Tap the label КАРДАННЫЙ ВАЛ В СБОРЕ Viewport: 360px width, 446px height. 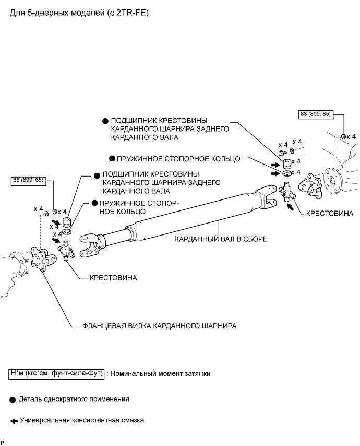click(221, 239)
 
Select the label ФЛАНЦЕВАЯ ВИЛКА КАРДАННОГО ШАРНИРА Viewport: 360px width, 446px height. click(160, 326)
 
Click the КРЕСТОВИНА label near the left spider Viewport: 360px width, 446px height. click(113, 278)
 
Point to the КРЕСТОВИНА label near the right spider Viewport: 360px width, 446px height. click(330, 213)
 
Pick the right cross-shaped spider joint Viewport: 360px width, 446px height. click(287, 193)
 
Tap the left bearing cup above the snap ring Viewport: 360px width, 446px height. click(66, 222)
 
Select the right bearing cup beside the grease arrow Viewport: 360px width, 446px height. click(287, 164)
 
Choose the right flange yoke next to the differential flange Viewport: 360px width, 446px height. click(310, 186)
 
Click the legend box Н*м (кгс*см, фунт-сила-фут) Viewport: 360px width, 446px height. click(56, 374)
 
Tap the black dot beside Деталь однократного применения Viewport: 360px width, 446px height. click(12, 400)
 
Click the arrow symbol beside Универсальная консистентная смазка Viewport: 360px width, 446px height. click(14, 421)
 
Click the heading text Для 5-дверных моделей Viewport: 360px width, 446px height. click(57, 13)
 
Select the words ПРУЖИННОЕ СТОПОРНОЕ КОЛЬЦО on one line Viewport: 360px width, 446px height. click(178, 159)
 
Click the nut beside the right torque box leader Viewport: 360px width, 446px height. click(343, 137)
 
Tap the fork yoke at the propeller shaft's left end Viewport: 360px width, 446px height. click(90, 245)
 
